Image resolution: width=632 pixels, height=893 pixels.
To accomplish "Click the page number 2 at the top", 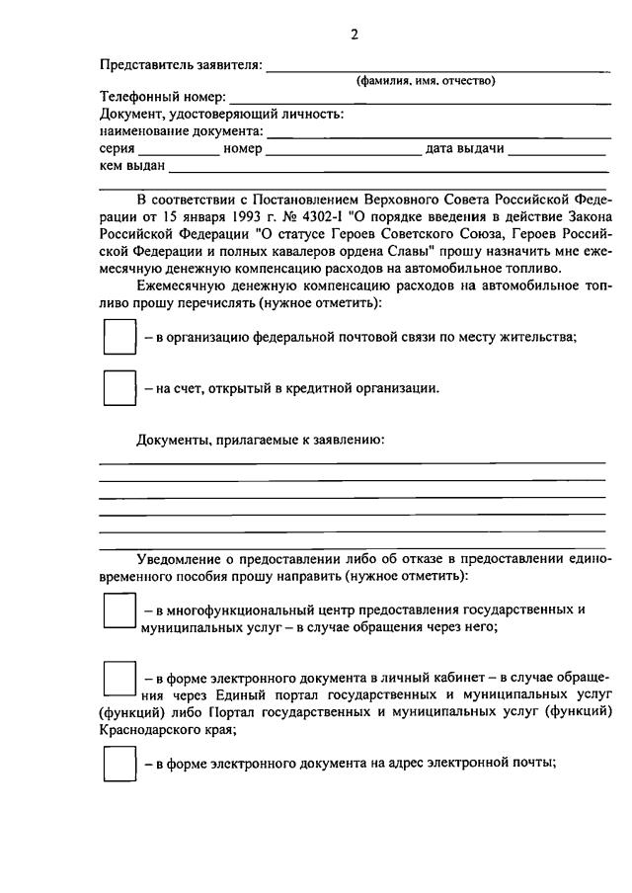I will click(354, 34).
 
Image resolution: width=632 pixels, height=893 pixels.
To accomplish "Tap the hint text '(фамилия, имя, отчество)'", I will click(426, 81).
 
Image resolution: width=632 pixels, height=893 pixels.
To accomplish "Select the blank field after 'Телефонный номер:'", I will click(419, 99).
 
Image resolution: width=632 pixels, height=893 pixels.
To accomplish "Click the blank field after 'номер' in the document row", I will click(343, 149).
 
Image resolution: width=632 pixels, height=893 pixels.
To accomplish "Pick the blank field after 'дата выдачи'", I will click(557, 149).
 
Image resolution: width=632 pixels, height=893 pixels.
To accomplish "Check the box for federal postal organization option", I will click(119, 337).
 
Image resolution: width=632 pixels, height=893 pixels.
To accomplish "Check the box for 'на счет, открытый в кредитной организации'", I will click(119, 388).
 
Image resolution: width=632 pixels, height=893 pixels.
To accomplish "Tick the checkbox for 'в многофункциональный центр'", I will click(119, 609).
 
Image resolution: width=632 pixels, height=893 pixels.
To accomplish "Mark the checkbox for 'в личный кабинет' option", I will click(119, 680).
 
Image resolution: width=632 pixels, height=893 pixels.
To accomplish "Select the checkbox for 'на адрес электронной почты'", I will click(119, 763).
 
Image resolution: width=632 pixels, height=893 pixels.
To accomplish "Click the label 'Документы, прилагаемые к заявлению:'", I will click(260, 439).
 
